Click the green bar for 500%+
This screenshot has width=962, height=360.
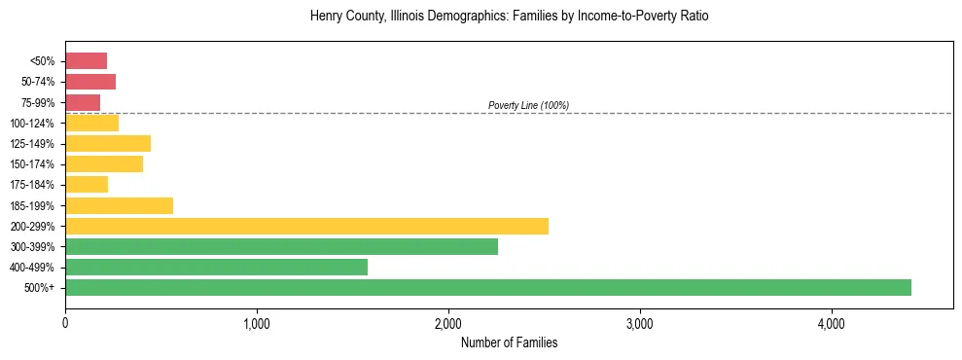pos(487,287)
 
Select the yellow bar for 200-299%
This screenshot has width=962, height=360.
pos(306,226)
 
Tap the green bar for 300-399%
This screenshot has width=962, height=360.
pos(281,246)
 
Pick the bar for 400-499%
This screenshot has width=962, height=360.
pos(216,267)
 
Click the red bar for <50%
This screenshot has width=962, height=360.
pos(86,60)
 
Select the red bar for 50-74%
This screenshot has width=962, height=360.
pos(90,82)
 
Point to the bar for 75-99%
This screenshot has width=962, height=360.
pos(83,102)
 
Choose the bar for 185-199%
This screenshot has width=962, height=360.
pos(119,205)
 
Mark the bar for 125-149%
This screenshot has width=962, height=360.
pos(108,143)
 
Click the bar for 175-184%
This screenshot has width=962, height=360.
pos(87,185)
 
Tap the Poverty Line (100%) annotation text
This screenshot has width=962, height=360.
pos(528,105)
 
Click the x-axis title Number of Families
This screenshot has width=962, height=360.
pos(509,342)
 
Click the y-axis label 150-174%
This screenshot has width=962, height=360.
pos(33,164)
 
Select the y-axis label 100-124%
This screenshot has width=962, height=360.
pos(33,124)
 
